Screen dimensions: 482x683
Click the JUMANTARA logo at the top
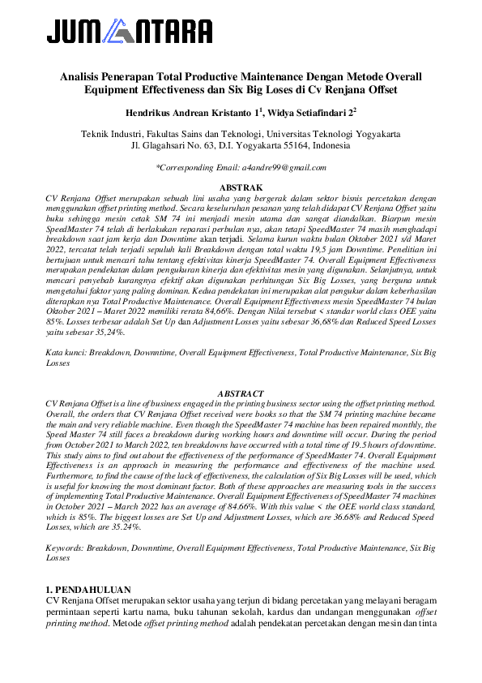click(x=130, y=32)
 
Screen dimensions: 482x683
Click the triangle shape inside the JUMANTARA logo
click(x=120, y=32)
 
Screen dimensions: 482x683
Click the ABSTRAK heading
click(x=241, y=188)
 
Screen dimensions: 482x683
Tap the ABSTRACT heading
click(x=241, y=393)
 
